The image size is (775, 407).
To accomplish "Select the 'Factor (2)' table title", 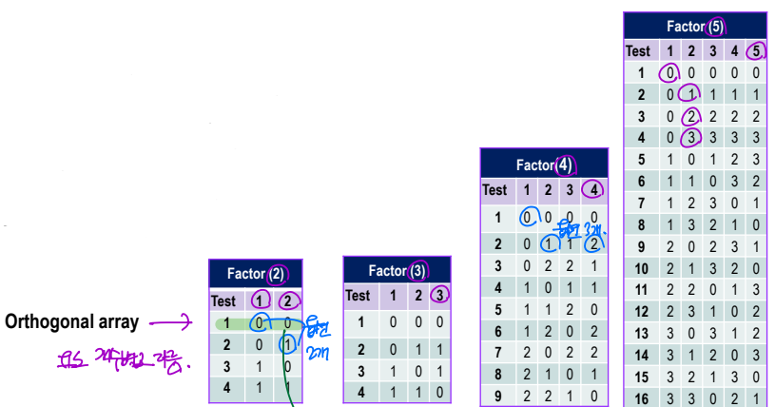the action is pos(256,274).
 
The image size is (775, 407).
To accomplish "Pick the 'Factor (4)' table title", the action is pos(543,165).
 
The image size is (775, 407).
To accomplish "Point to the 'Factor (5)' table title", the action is pos(695,27).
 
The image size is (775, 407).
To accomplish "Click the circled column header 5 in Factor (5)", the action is pos(756,50).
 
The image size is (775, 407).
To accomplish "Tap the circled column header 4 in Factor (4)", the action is pos(593,189).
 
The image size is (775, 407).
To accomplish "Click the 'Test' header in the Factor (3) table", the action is pos(358,296).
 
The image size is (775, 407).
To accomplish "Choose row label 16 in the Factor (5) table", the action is pos(641,399).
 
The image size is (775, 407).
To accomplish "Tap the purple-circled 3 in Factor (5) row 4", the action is pos(691,137).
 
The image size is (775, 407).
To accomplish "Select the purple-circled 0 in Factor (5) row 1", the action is pos(669,72).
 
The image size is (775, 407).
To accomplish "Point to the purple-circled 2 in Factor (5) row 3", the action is pos(691,116).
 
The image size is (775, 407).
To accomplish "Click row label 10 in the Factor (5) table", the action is pos(641,268).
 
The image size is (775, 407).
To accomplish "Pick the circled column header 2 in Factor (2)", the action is pos(286,300).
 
